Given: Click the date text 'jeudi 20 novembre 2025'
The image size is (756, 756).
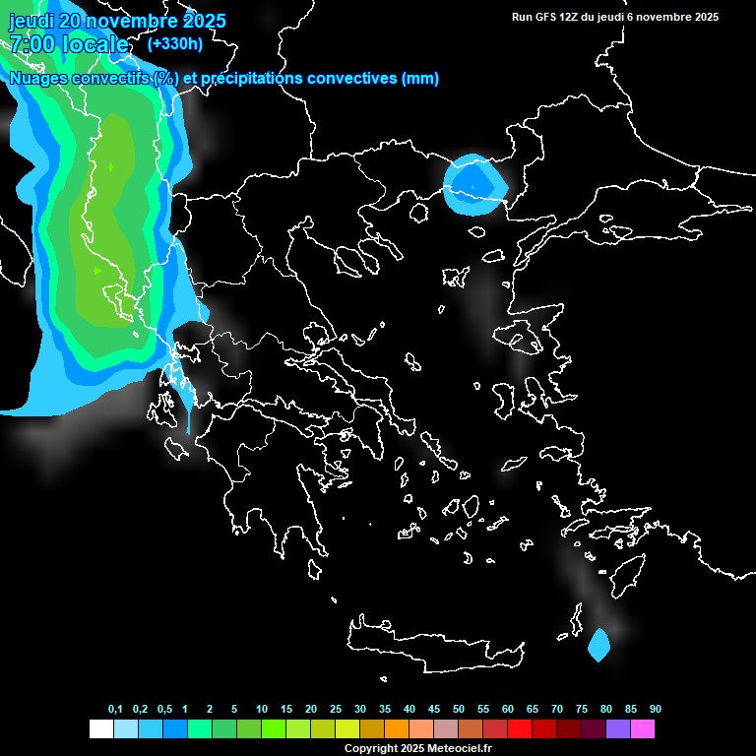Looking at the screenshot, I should tap(117, 21).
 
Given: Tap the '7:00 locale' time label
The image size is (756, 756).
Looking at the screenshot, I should tap(69, 44).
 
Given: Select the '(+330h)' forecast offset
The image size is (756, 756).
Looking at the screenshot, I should tap(174, 44).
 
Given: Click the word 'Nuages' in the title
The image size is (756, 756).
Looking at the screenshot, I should tap(39, 79).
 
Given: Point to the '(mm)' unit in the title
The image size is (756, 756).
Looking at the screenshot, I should tap(420, 79).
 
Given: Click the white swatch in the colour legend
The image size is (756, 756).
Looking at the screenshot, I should tap(100, 728).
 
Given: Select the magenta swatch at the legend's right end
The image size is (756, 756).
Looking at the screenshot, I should tap(642, 728).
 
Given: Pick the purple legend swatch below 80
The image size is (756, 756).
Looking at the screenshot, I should tap(617, 728).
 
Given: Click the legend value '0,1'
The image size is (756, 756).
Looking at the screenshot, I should tap(115, 709).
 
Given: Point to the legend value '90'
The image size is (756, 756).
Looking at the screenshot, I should tap(655, 709).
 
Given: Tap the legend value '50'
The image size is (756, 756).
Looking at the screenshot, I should tap(459, 709).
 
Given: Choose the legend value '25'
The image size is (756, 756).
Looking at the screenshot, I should tap(336, 709).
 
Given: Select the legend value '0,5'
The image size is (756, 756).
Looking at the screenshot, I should tap(164, 709).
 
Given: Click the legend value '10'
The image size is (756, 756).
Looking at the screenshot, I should tap(262, 709).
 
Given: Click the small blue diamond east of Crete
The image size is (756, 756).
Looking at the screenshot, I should tap(598, 645).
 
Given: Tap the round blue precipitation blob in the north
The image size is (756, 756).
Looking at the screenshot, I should tap(475, 185).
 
